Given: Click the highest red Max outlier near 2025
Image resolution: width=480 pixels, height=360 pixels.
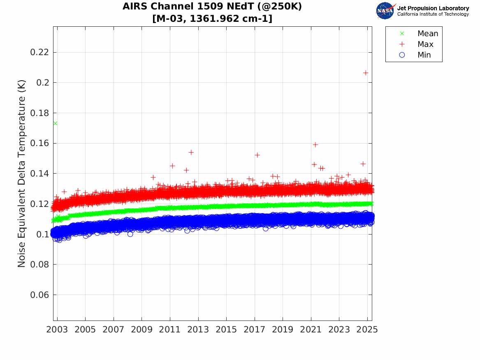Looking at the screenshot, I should (366, 73).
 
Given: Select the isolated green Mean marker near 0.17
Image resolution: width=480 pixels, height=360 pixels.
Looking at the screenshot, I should (55, 123).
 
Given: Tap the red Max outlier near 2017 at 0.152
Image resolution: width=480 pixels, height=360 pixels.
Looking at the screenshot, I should (257, 155).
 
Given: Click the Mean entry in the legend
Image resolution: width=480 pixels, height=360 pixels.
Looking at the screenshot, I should (427, 34).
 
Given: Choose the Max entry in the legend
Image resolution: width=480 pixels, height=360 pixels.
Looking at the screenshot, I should (425, 44).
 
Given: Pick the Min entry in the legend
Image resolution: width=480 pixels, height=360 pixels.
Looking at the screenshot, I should (424, 55).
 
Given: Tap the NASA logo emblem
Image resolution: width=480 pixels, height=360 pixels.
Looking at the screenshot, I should (385, 11).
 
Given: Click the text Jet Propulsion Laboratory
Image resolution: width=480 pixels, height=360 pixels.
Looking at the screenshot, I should (433, 8).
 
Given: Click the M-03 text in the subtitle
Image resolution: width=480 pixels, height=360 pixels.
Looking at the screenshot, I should (168, 19).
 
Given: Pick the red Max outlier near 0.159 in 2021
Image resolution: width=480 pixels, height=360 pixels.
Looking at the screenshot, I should (315, 144).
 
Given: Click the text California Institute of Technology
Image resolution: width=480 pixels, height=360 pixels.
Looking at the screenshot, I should (433, 14).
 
